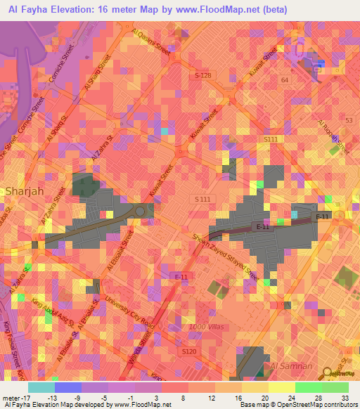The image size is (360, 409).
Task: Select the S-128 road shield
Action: pos(202,74)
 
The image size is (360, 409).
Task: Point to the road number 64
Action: pos(284,81)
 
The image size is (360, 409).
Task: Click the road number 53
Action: pos(349,121)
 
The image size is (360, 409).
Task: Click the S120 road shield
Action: pos(188,351)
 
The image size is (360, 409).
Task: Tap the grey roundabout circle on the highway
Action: pos(139,211)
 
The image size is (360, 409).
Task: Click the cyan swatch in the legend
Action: pos(41,387)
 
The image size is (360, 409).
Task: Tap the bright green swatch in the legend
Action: pos(308,387)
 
